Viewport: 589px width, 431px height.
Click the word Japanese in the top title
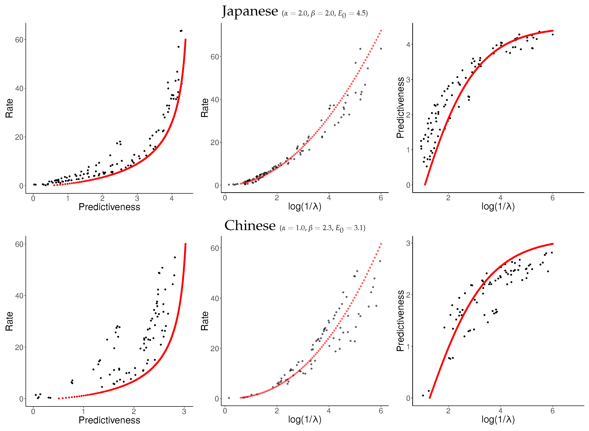[x=250, y=12]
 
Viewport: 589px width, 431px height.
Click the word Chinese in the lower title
[x=250, y=226]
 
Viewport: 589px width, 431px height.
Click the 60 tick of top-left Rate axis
[x=19, y=40]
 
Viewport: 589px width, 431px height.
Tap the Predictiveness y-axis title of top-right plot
[x=400, y=108]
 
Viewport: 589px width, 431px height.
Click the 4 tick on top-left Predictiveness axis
[x=172, y=198]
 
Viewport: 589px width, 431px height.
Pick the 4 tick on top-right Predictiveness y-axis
[x=408, y=45]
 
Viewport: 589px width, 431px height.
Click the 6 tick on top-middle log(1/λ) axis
[x=381, y=198]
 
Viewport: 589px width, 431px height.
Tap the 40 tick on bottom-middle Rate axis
[x=215, y=298]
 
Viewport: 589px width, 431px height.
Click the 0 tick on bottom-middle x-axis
[x=225, y=411]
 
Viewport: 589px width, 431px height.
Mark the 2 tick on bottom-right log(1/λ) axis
[x=448, y=411]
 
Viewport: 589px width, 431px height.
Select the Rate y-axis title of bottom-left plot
[x=9, y=321]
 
